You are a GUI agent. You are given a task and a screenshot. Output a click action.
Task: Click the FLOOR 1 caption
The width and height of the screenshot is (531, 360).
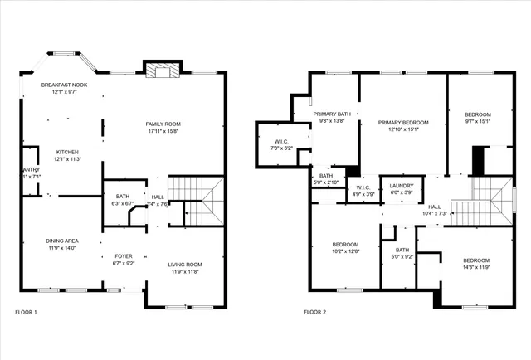[x=27, y=313]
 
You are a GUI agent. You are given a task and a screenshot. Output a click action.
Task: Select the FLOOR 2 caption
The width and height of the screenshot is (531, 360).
[x=314, y=313]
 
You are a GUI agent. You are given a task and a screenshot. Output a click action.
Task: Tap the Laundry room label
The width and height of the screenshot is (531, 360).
[x=396, y=188]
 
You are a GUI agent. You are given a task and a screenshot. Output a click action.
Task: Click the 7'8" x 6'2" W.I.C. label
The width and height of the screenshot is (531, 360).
[x=283, y=144]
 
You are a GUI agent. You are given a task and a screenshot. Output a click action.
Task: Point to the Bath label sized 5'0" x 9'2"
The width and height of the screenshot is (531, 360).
[x=402, y=253]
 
